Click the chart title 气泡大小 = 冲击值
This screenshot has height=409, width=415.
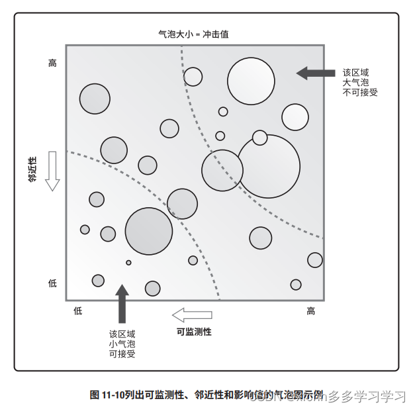click(x=195, y=33)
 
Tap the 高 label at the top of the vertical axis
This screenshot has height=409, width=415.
click(x=53, y=64)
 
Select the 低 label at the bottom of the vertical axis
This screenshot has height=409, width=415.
click(x=53, y=283)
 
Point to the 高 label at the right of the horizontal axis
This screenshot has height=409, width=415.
click(x=310, y=311)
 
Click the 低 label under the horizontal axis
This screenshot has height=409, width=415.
click(x=77, y=311)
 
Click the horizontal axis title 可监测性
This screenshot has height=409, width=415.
click(x=194, y=332)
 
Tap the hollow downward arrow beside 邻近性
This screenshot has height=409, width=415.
click(x=53, y=171)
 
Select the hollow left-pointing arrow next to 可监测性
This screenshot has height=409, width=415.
click(x=192, y=314)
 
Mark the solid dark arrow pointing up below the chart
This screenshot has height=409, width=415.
click(x=122, y=304)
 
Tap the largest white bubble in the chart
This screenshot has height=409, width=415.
click(x=268, y=166)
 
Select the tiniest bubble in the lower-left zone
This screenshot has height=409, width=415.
click(x=128, y=263)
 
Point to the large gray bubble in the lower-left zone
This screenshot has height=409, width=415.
click(x=149, y=231)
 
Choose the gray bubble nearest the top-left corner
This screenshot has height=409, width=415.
click(x=95, y=99)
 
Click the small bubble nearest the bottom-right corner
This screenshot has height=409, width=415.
click(x=296, y=285)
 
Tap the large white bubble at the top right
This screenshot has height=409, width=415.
click(x=251, y=81)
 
